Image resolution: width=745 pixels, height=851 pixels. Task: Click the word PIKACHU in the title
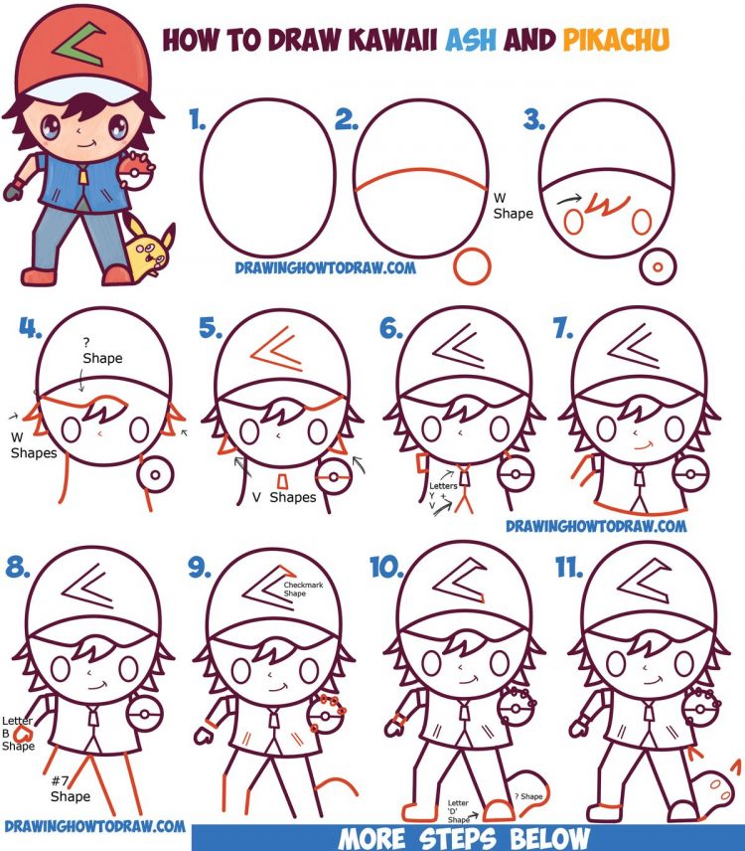pos(615,40)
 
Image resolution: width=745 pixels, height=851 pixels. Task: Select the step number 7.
pos(563,329)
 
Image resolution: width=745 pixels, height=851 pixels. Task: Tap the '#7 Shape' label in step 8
pos(70,789)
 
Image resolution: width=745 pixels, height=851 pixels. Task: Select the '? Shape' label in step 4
pos(102,351)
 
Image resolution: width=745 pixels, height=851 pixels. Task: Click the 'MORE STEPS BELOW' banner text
pos(464,837)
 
